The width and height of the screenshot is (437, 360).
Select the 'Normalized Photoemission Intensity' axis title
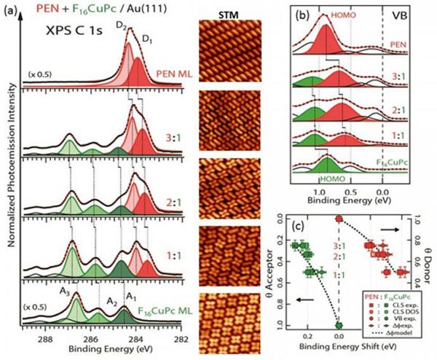[9, 182]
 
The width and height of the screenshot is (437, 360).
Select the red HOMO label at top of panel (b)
[339, 15]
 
